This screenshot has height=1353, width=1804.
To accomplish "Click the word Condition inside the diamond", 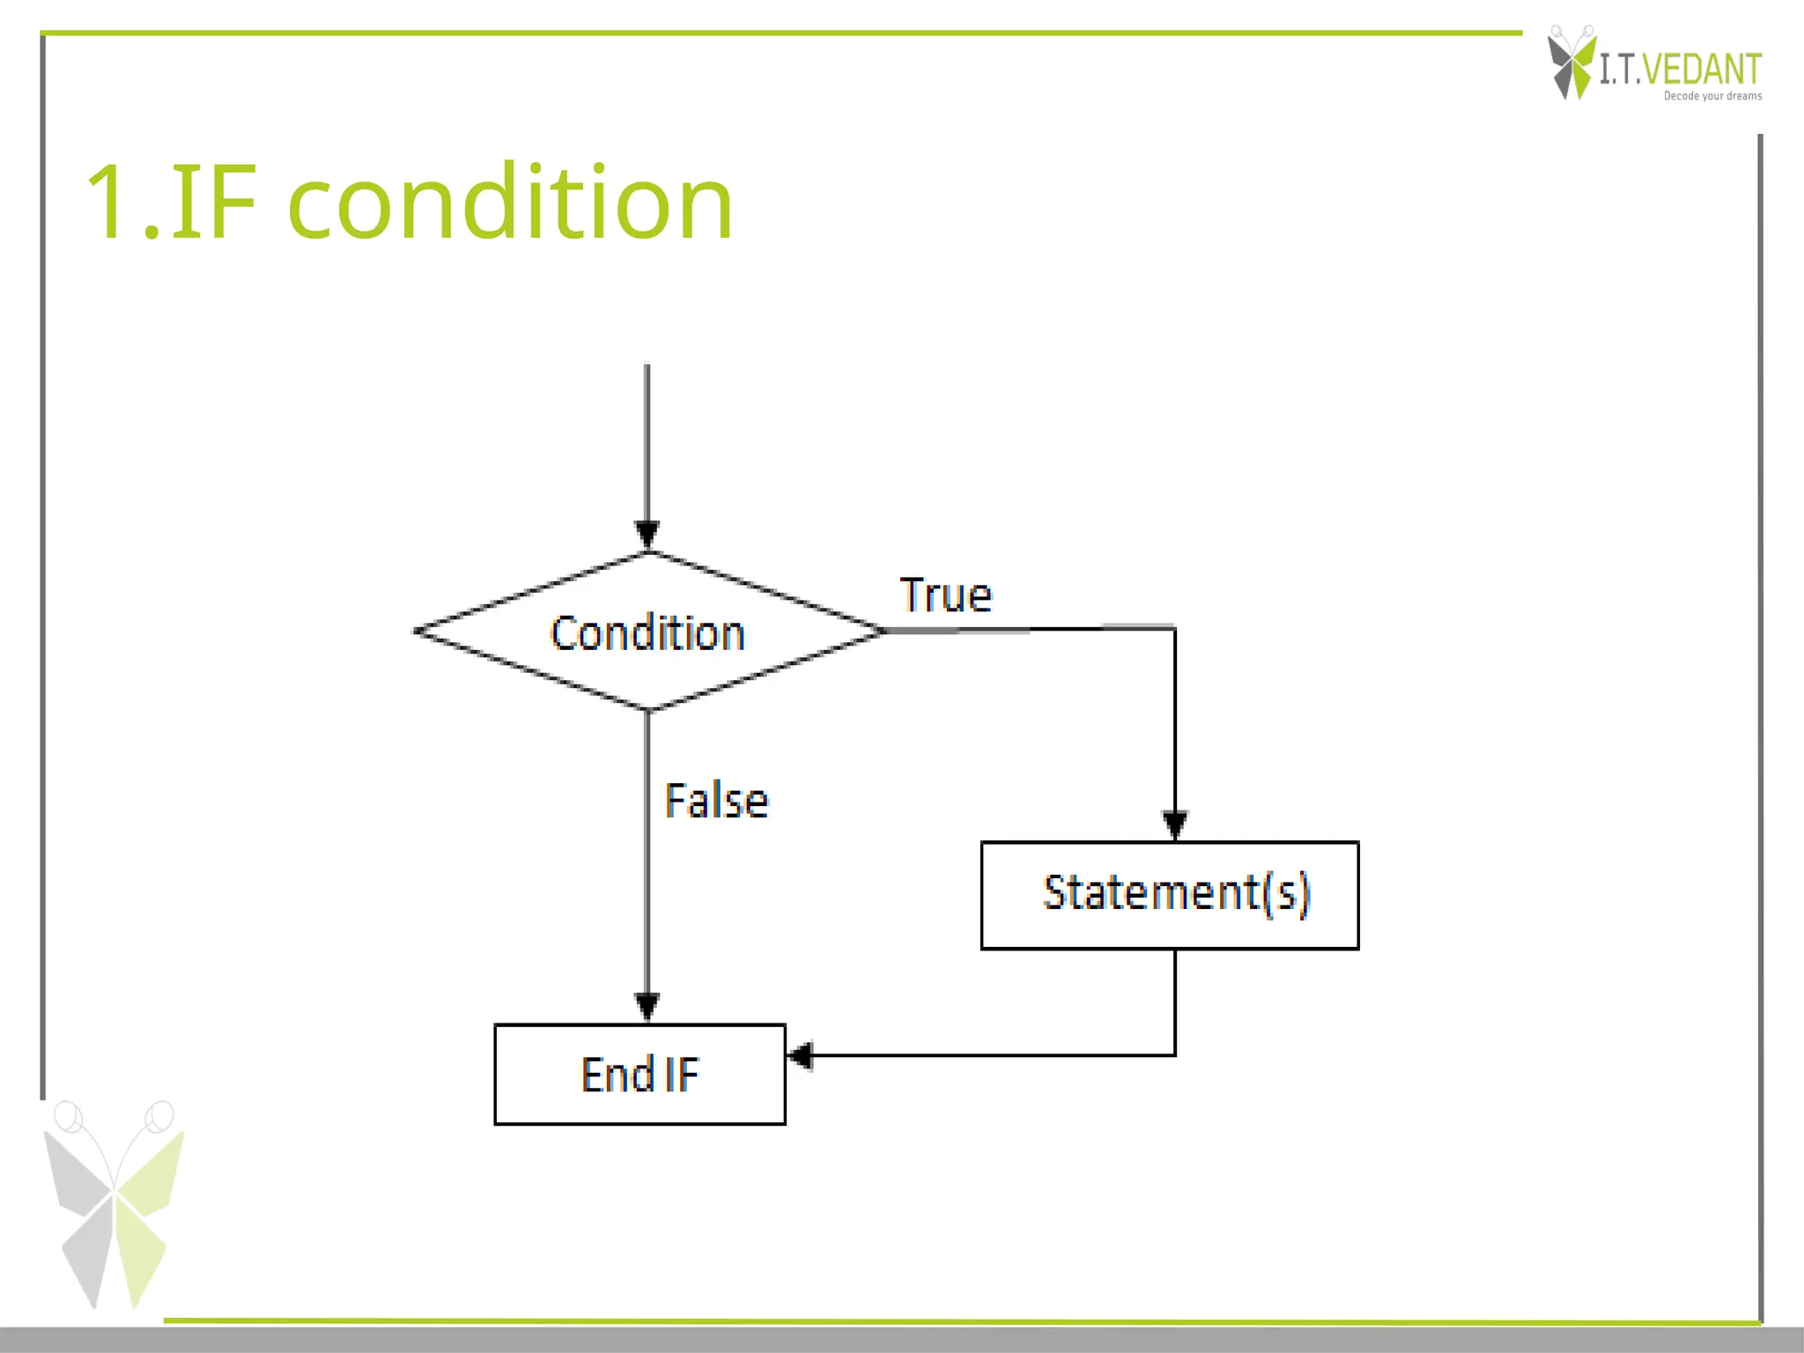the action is [647, 633].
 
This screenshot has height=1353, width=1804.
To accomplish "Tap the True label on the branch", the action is [945, 595].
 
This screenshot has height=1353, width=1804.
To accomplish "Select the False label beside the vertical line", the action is [716, 801].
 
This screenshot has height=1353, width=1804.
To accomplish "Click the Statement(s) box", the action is [1170, 895].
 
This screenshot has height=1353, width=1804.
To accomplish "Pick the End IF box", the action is [640, 1074].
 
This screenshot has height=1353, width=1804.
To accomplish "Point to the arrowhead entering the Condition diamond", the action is [647, 534].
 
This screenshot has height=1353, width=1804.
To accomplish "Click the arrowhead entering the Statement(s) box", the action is [1175, 824].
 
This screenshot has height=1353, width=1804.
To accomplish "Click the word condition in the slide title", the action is [510, 203].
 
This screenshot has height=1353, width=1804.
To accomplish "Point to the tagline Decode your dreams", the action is [1712, 96].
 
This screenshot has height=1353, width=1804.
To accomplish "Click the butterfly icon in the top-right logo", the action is [1571, 63].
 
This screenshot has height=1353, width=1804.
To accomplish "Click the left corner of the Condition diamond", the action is [417, 631].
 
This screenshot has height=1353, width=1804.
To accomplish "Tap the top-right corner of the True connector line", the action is [1175, 628].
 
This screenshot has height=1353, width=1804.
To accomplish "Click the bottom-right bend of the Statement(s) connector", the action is [1175, 1054].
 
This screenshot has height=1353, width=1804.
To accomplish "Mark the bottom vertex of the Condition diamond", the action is [647, 709].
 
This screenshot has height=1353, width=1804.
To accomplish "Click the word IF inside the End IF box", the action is [682, 1074].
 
